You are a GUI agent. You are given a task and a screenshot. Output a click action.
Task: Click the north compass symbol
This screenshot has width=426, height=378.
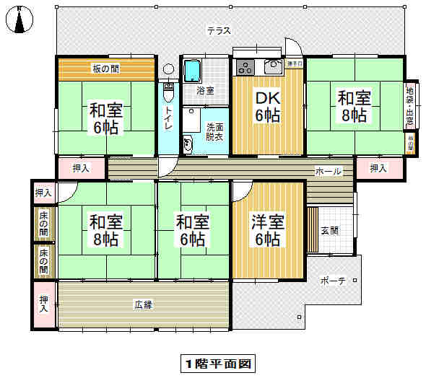(x=19, y=20)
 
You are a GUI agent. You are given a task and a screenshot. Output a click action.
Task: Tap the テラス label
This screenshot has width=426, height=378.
(x=218, y=30)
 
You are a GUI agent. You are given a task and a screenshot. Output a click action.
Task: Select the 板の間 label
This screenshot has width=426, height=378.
(x=106, y=69)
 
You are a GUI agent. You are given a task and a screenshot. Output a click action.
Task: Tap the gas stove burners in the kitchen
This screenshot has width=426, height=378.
(x=245, y=69)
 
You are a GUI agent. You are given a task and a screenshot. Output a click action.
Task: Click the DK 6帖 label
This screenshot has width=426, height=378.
(x=266, y=107)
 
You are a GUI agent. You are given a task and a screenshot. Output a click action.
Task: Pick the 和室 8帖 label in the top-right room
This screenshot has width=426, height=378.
(x=355, y=106)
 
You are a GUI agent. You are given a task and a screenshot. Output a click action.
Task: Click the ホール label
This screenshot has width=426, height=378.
(x=328, y=172)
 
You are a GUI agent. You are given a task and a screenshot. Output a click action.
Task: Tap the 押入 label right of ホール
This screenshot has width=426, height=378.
(x=378, y=169)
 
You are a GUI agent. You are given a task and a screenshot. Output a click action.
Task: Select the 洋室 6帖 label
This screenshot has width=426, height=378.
(x=267, y=230)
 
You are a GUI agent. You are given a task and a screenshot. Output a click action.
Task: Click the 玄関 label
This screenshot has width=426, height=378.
(x=329, y=231)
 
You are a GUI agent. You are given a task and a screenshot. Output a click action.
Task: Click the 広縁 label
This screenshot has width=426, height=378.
(x=143, y=305)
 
